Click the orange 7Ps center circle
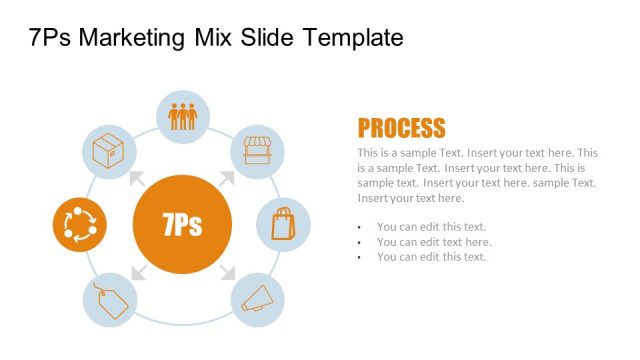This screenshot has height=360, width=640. pyautogui.click(x=182, y=225)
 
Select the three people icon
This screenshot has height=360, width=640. pyautogui.click(x=183, y=117)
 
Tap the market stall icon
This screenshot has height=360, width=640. pyautogui.click(x=258, y=152)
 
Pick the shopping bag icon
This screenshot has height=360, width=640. pyautogui.click(x=284, y=223)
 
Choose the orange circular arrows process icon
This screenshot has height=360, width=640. pyautogui.click(x=79, y=225)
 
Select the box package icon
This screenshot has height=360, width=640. pyautogui.click(x=107, y=152)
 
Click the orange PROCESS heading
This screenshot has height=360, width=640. pyautogui.click(x=401, y=128)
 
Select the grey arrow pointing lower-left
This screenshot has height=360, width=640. pyautogui.click(x=137, y=271)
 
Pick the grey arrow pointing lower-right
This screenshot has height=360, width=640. pyautogui.click(x=227, y=271)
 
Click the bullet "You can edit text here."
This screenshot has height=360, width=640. pyautogui.click(x=434, y=242)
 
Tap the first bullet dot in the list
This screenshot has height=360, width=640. pyautogui.click(x=359, y=227)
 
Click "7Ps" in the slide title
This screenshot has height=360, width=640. pyautogui.click(x=50, y=38)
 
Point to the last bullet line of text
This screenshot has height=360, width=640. pyautogui.click(x=431, y=257)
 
